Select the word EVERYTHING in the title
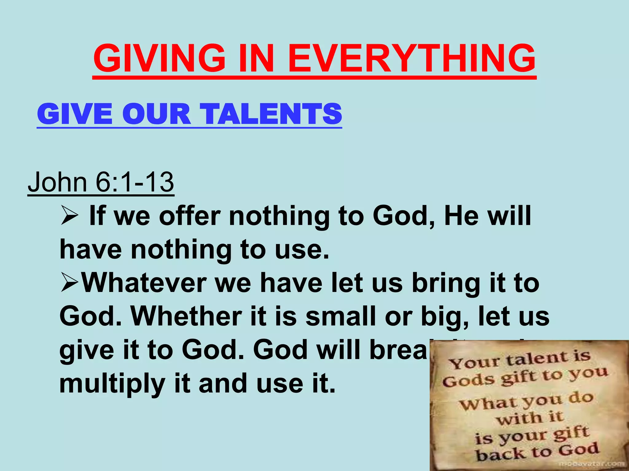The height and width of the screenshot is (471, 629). click(x=412, y=58)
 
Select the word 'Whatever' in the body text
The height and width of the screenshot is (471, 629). click(x=144, y=283)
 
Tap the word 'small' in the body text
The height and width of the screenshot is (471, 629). click(x=341, y=316)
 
